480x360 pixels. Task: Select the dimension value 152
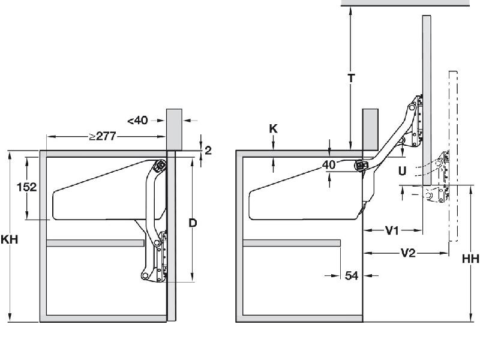26,187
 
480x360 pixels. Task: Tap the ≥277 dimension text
103,136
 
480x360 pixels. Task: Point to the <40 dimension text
137,120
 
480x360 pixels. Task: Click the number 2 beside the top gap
208,151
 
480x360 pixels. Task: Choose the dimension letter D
193,223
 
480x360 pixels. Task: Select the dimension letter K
273,128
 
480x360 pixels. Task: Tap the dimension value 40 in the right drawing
328,164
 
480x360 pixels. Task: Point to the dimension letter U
402,171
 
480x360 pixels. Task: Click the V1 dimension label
393,230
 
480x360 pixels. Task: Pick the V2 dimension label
408,253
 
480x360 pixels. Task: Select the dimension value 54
352,275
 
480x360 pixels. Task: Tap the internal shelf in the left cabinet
95,243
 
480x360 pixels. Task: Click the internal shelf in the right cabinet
292,243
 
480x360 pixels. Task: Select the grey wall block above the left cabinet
174,128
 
